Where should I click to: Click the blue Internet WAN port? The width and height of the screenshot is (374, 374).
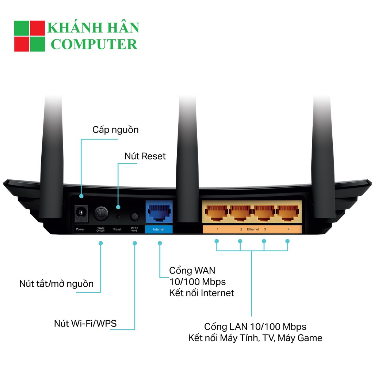pyautogui.click(x=159, y=213)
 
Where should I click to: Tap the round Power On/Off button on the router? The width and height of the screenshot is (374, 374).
pyautogui.click(x=101, y=213)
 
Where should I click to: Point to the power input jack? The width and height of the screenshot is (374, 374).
pyautogui.click(x=81, y=213)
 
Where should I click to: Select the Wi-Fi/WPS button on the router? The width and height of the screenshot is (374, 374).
pyautogui.click(x=134, y=216)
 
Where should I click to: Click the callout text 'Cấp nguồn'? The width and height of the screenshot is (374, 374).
pyautogui.click(x=115, y=130)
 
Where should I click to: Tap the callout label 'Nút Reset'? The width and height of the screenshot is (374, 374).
pyautogui.click(x=145, y=156)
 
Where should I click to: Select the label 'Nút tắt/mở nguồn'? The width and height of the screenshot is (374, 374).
pyautogui.click(x=56, y=283)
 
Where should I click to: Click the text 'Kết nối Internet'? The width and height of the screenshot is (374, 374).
pyautogui.click(x=201, y=293)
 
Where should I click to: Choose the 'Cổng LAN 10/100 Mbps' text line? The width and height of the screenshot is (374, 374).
pyautogui.click(x=255, y=326)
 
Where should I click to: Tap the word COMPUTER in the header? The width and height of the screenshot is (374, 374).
pyautogui.click(x=94, y=44)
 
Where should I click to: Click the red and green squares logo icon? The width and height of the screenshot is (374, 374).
pyautogui.click(x=29, y=36)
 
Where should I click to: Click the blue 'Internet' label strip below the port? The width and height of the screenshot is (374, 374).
pyautogui.click(x=159, y=229)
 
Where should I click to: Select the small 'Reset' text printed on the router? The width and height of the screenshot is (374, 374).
pyautogui.click(x=117, y=229)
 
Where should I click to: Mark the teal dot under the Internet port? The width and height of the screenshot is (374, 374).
pyautogui.click(x=160, y=243)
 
